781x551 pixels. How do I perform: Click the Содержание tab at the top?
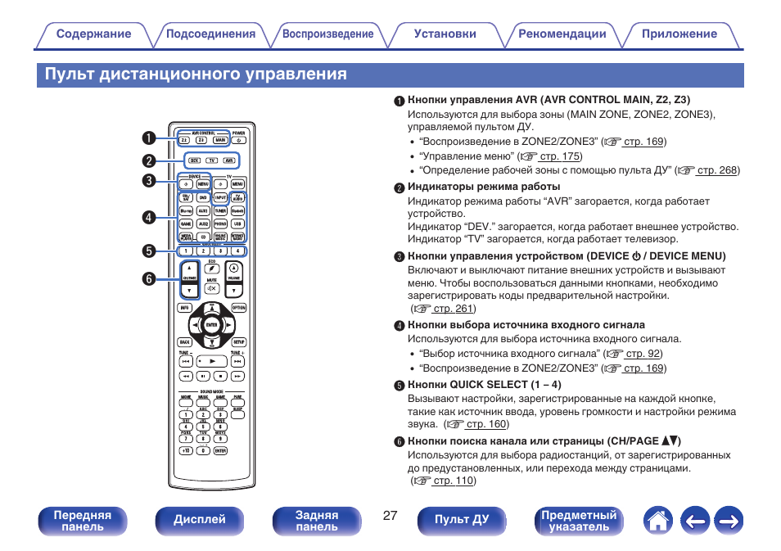93,34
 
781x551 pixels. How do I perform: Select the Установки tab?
445,34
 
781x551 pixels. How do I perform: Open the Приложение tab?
679,34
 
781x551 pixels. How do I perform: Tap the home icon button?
657,520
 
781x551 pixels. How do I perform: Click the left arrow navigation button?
693,520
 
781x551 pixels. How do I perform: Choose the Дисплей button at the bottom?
200,520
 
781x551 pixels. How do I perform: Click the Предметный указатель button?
579,521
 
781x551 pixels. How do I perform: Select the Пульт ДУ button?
462,520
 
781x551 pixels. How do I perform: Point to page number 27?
390,516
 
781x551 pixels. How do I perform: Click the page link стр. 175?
560,156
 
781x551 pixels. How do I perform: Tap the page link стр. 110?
453,481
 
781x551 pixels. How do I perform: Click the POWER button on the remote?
238,140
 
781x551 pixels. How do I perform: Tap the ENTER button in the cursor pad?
211,325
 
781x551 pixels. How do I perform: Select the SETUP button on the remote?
238,342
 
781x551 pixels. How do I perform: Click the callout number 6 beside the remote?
149,278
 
